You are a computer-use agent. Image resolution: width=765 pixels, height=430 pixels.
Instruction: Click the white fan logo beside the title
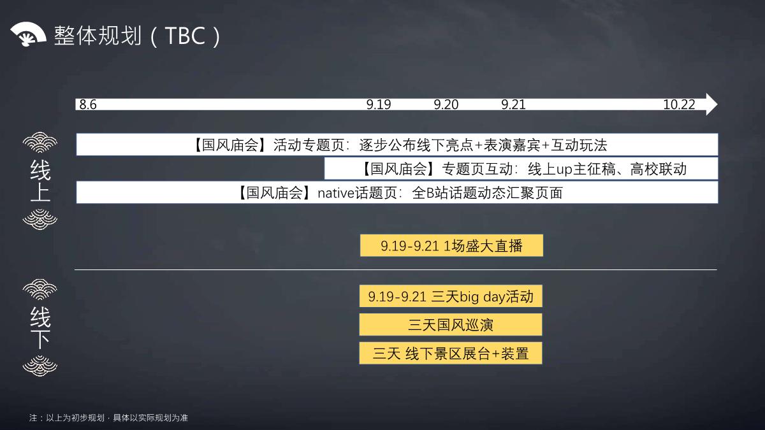(28, 34)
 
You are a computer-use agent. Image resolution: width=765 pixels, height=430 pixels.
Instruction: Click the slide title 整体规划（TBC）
(138, 36)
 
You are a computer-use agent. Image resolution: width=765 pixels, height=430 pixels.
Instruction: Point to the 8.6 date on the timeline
(88, 104)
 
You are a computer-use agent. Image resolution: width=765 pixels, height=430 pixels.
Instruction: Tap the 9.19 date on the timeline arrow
(379, 104)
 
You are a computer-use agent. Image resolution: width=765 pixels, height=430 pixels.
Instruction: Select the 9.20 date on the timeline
(446, 104)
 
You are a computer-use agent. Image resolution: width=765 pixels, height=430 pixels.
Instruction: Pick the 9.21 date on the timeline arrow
(513, 104)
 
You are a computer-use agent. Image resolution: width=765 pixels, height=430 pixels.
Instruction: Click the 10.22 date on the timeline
(679, 104)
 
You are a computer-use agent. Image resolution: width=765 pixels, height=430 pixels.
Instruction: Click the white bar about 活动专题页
(397, 145)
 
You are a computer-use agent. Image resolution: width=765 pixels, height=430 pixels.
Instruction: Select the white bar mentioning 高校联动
(521, 169)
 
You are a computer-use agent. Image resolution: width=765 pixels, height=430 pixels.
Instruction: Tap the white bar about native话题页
(397, 192)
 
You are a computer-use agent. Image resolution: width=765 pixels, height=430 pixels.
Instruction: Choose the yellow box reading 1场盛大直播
(451, 245)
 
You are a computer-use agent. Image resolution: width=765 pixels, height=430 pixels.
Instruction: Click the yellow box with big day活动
(451, 296)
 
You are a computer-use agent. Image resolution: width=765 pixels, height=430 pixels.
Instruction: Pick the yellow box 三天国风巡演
(451, 325)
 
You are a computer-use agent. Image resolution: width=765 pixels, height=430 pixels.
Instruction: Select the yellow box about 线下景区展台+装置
(451, 353)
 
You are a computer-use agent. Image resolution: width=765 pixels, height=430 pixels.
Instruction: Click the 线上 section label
(40, 181)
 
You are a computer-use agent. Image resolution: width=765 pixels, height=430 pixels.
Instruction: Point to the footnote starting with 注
(108, 418)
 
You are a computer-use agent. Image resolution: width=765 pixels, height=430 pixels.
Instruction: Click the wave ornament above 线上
(40, 143)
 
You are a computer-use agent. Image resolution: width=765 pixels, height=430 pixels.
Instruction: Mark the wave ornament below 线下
(40, 366)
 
